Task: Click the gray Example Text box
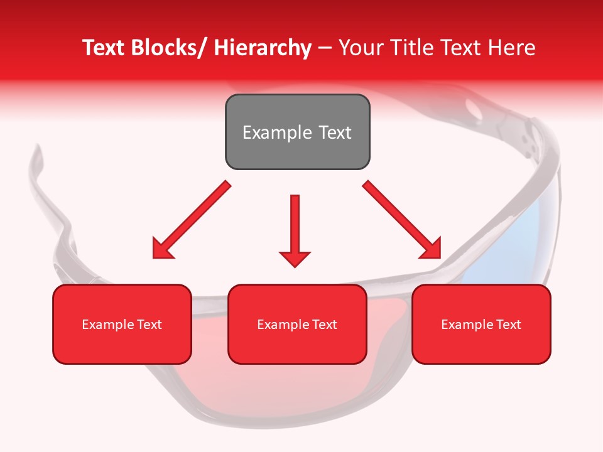[x=297, y=132]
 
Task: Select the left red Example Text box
[x=122, y=324]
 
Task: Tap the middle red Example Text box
[x=297, y=324]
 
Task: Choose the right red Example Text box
[x=481, y=324]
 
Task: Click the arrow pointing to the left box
[x=192, y=220]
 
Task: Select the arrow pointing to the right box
[x=402, y=220]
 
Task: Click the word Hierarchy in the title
[x=263, y=48]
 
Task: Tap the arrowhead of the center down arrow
[x=295, y=258]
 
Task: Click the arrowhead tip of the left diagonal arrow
[x=155, y=256]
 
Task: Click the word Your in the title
[x=357, y=48]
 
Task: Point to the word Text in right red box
[x=508, y=324]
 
